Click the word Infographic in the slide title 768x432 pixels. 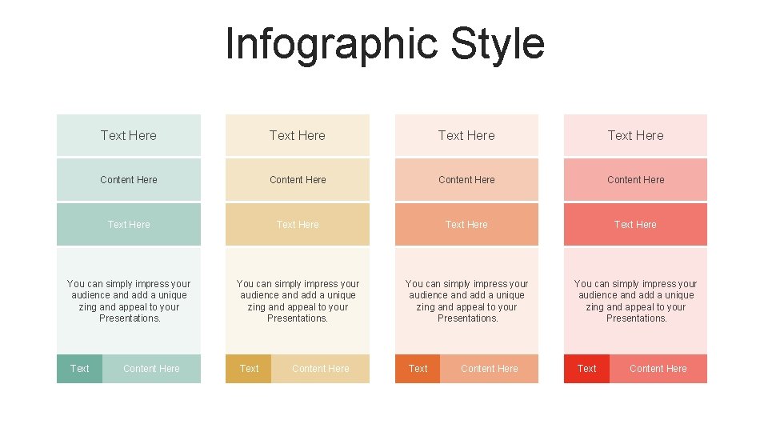pos(333,44)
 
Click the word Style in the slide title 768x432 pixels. pos(498,44)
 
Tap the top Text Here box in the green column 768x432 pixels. pos(129,135)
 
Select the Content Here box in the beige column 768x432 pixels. pos(298,180)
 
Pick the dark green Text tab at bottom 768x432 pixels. pos(79,369)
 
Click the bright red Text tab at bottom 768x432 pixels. pos(586,369)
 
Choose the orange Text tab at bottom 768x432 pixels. pos(418,369)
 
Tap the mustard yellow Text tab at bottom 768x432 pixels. pos(249,369)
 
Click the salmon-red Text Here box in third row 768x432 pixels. pos(635,225)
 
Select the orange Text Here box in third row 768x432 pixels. pos(466,225)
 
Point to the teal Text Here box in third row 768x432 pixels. pos(129,225)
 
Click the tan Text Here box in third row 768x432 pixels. pos(298,225)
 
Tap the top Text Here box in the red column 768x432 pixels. pos(635,135)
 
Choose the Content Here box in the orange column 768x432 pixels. pos(466,180)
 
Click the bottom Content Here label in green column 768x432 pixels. pos(151,369)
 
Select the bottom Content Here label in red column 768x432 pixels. pos(658,369)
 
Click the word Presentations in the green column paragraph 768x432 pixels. pos(130,318)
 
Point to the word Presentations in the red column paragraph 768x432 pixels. pos(636,318)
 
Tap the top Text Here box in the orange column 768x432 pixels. pos(466,135)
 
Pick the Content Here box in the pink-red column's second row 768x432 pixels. pos(635,180)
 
